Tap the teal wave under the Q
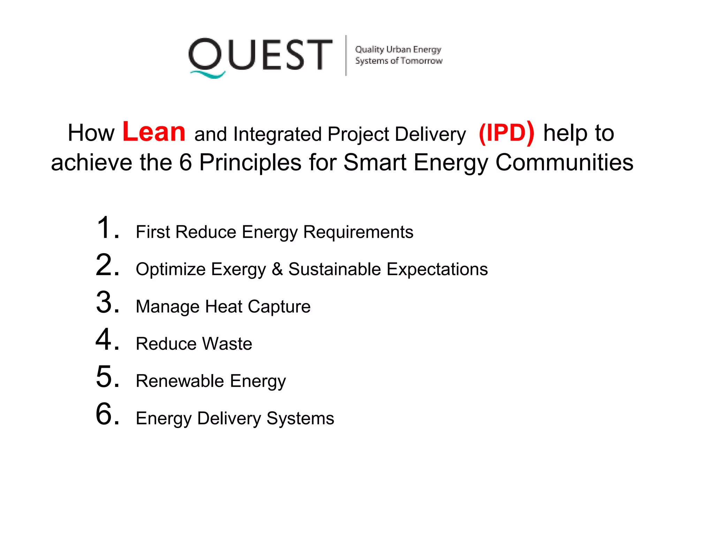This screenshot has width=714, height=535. (207, 75)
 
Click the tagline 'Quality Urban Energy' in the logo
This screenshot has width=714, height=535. (398, 49)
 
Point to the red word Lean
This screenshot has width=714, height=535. (154, 132)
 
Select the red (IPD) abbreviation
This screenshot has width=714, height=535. (506, 133)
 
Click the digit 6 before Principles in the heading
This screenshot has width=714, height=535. (185, 163)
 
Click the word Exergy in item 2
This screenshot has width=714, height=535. (238, 270)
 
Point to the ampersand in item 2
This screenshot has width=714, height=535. (277, 269)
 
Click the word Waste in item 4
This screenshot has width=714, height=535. (227, 344)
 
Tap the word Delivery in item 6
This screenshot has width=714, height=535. (229, 418)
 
